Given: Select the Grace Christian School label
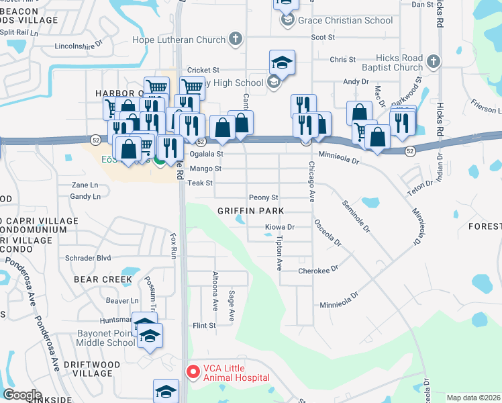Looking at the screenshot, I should [345, 20].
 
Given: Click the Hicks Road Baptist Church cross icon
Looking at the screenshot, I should [434, 62].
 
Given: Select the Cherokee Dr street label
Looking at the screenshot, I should [318, 271].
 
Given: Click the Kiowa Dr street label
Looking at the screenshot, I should [279, 228].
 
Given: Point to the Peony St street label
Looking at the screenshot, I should [263, 197].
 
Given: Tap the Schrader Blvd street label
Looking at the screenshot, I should [88, 258].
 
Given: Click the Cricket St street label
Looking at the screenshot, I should [203, 70].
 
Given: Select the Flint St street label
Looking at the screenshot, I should [204, 325].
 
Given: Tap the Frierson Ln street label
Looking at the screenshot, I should [485, 105].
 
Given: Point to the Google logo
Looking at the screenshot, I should [21, 395].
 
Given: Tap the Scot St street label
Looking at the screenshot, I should [323, 38].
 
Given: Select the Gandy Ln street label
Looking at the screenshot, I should [85, 196].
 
